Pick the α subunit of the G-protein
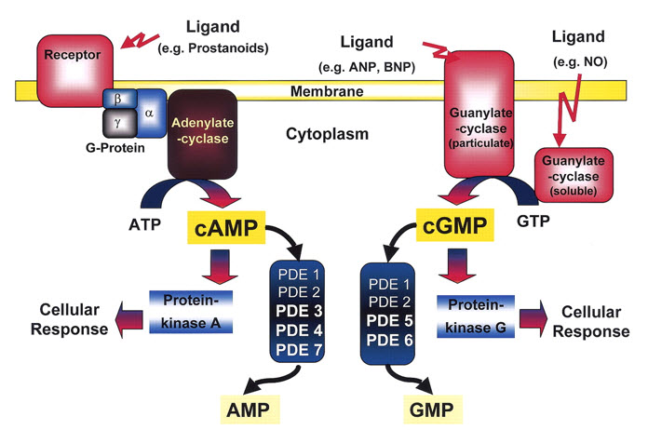click(148, 110)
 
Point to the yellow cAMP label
click(224, 226)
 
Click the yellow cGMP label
click(447, 226)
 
